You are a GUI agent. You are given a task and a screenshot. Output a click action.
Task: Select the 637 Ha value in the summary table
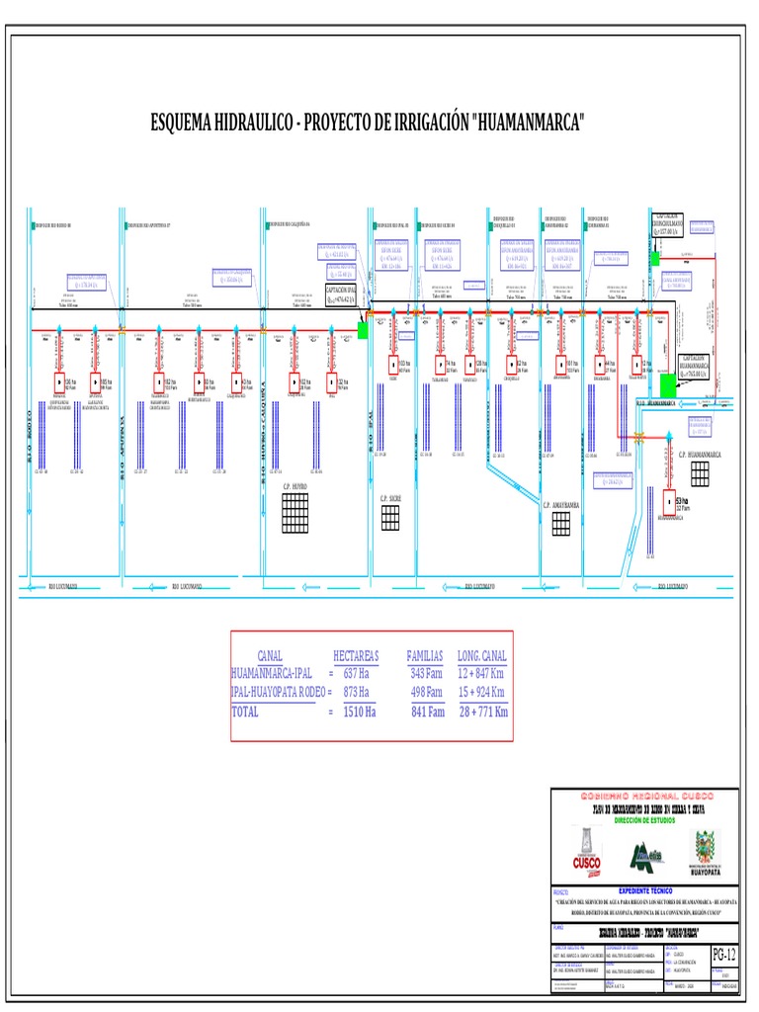pos(355,673)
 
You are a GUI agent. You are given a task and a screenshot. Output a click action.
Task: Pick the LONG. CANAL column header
pos(482,656)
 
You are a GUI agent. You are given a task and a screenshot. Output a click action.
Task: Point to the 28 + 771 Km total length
pos(482,712)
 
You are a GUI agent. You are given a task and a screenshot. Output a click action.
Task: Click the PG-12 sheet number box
pos(724,954)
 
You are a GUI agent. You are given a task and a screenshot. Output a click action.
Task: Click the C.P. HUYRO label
pos(295,487)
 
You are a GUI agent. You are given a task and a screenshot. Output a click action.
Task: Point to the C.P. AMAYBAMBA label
pos(560,504)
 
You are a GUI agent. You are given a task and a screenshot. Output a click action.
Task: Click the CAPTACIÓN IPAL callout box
pos(342,295)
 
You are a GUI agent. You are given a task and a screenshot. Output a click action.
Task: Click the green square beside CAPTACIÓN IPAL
pos(363,330)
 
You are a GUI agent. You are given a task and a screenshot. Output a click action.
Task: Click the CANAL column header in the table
pos(270,656)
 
